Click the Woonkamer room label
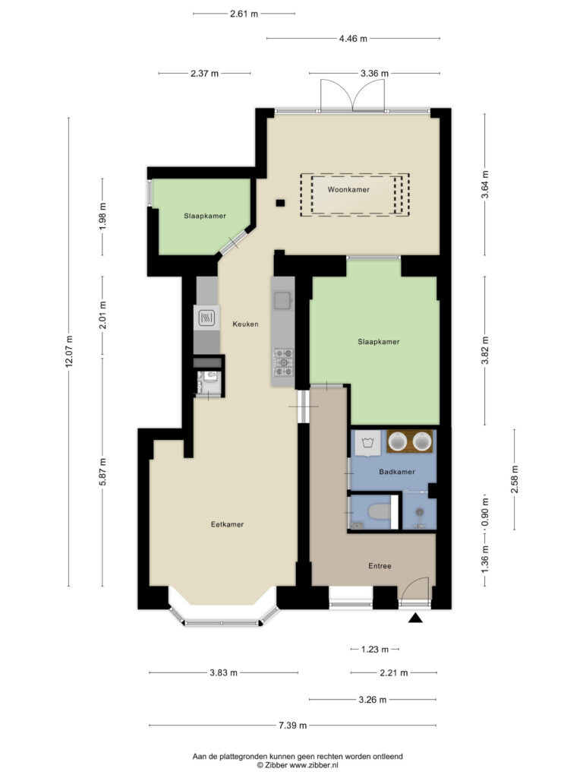coord(348,189)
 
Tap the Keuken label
coord(245,324)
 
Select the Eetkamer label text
coord(227,524)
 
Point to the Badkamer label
coord(396,471)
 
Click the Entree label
coord(380,565)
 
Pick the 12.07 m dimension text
coord(69,351)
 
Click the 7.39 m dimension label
coord(292,726)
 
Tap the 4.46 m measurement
coord(353,39)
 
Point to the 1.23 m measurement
coord(374,649)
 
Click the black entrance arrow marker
coord(415,618)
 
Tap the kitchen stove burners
coord(284,362)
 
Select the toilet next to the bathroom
coord(379,511)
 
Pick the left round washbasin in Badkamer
coord(398,441)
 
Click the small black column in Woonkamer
coord(280,202)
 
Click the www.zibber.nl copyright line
coord(298,766)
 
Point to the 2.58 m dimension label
coord(514,479)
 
